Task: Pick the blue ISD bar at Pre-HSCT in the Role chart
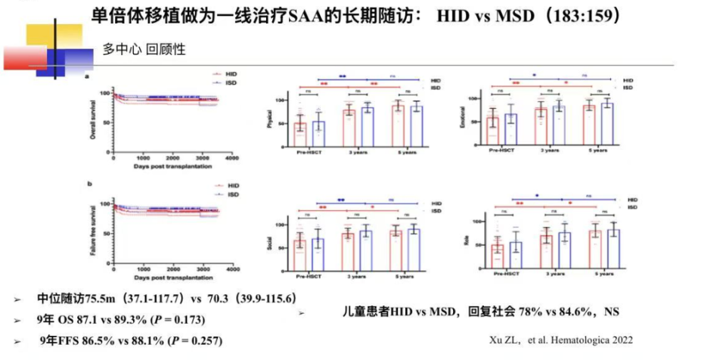point(516,259)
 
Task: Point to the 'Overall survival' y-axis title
point(93,119)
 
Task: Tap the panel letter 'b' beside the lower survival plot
point(90,185)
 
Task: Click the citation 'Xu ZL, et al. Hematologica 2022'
point(574,339)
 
